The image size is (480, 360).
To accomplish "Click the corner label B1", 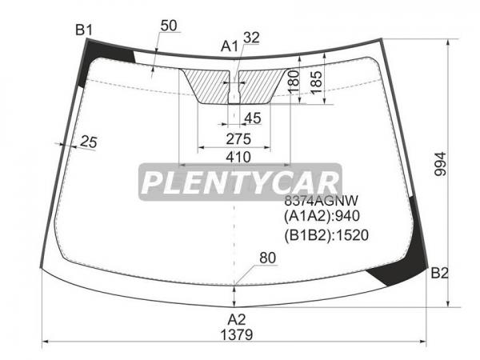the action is point(84,30).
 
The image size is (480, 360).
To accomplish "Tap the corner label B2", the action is point(439,273).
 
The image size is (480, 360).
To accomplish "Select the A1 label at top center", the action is point(230,46).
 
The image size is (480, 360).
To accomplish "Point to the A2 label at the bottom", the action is point(237,319).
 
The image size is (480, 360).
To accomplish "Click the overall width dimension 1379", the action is point(237,335).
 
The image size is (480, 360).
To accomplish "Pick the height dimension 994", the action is point(441,164).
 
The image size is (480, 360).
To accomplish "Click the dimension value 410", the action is point(238,158).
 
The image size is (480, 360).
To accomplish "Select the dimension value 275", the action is point(238,139).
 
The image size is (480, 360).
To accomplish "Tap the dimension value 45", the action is point(253,118).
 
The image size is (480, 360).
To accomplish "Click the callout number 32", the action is point(251,38).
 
